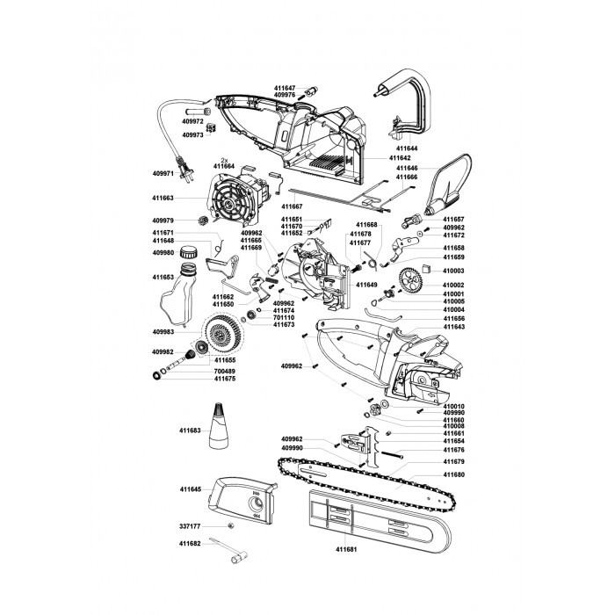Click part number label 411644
point(407,148)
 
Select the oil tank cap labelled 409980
point(188,252)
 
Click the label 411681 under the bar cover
point(346,549)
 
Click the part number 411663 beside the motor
point(163,198)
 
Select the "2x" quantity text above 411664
point(224,160)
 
